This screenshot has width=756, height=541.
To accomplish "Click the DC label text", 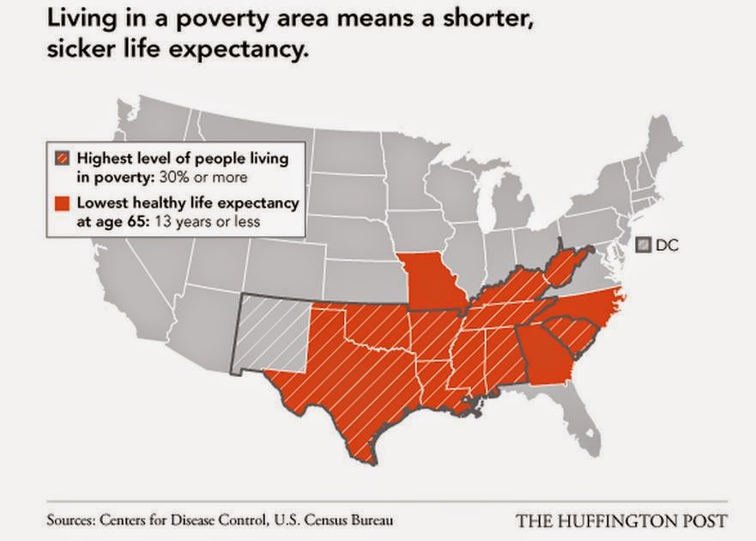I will (x=668, y=245).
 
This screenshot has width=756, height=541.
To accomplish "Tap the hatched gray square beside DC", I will (x=644, y=245).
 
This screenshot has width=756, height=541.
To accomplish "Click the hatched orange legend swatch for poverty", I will (x=62, y=159).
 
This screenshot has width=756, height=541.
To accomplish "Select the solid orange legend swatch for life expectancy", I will (x=62, y=204).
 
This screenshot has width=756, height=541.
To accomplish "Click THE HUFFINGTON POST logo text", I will (x=622, y=520).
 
